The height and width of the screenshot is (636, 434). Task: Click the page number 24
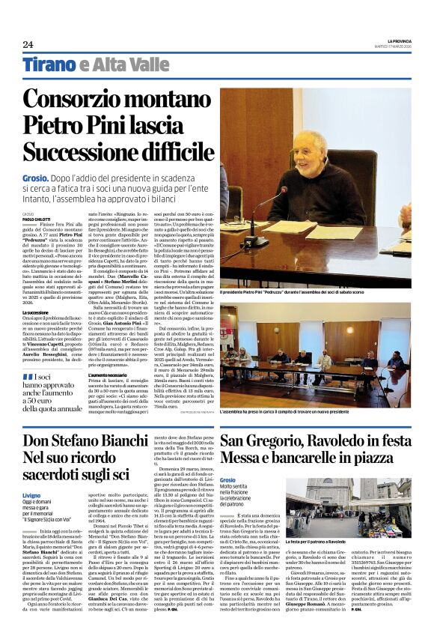click(x=28, y=43)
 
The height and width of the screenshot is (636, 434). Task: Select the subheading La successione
click(x=36, y=312)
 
